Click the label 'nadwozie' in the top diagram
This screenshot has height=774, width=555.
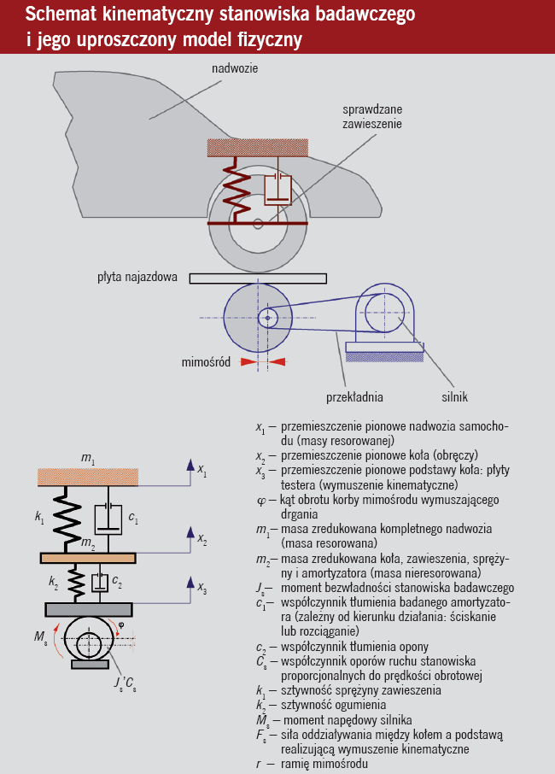point(235,67)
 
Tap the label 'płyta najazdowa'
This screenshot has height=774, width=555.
point(137,277)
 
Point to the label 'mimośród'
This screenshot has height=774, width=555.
point(206,361)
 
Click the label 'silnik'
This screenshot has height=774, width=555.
point(454,397)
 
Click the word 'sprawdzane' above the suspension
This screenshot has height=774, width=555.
point(372,110)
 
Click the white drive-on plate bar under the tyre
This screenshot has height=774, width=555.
point(258,278)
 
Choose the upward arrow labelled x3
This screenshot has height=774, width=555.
point(187,587)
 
